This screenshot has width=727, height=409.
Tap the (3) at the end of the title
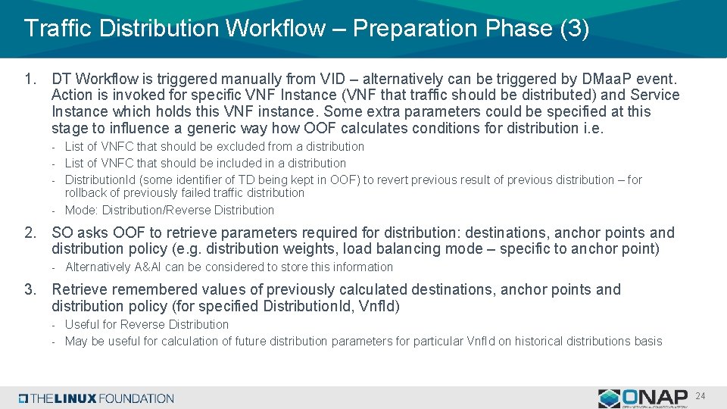point(573,29)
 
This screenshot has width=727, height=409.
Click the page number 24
point(700,396)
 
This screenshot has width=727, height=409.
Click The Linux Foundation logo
point(97,398)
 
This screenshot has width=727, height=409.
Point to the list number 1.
point(30,79)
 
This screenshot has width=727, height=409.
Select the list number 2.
point(30,233)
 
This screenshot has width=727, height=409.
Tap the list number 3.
point(30,289)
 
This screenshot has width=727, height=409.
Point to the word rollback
point(87,192)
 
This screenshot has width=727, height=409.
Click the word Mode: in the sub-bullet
point(82,210)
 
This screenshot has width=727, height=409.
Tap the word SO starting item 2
point(61,233)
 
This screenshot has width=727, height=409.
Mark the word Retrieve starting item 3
point(80,289)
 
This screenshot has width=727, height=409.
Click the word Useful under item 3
point(83,324)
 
